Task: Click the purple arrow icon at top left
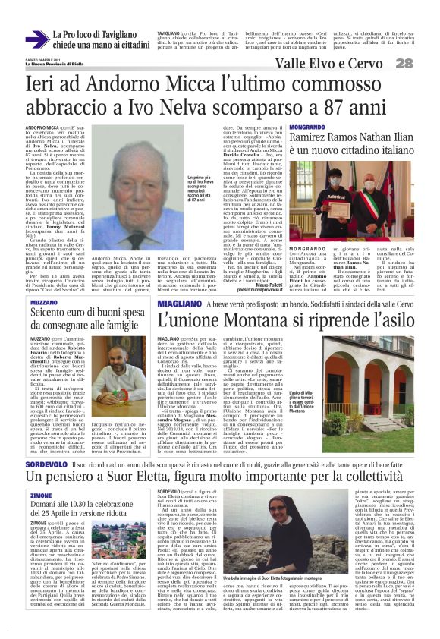pos(36,39)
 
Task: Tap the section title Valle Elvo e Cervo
pos(338,63)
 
